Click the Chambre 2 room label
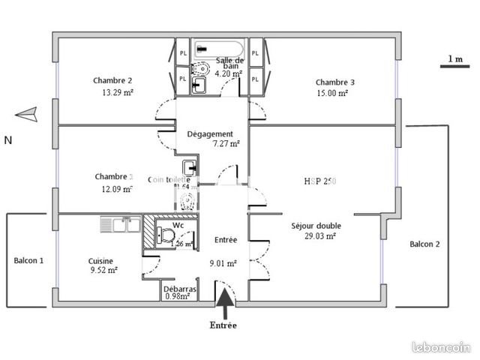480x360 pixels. [112, 80]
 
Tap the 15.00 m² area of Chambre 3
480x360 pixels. [331, 94]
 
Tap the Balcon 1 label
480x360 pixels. [28, 260]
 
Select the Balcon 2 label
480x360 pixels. [424, 244]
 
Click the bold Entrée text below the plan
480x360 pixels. [224, 325]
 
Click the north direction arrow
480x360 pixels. [25, 115]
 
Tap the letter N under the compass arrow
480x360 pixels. [8, 140]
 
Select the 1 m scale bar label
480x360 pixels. [454, 58]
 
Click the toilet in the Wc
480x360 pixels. [162, 235]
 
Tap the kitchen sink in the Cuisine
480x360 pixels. [120, 223]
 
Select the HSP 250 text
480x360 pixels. [320, 181]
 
